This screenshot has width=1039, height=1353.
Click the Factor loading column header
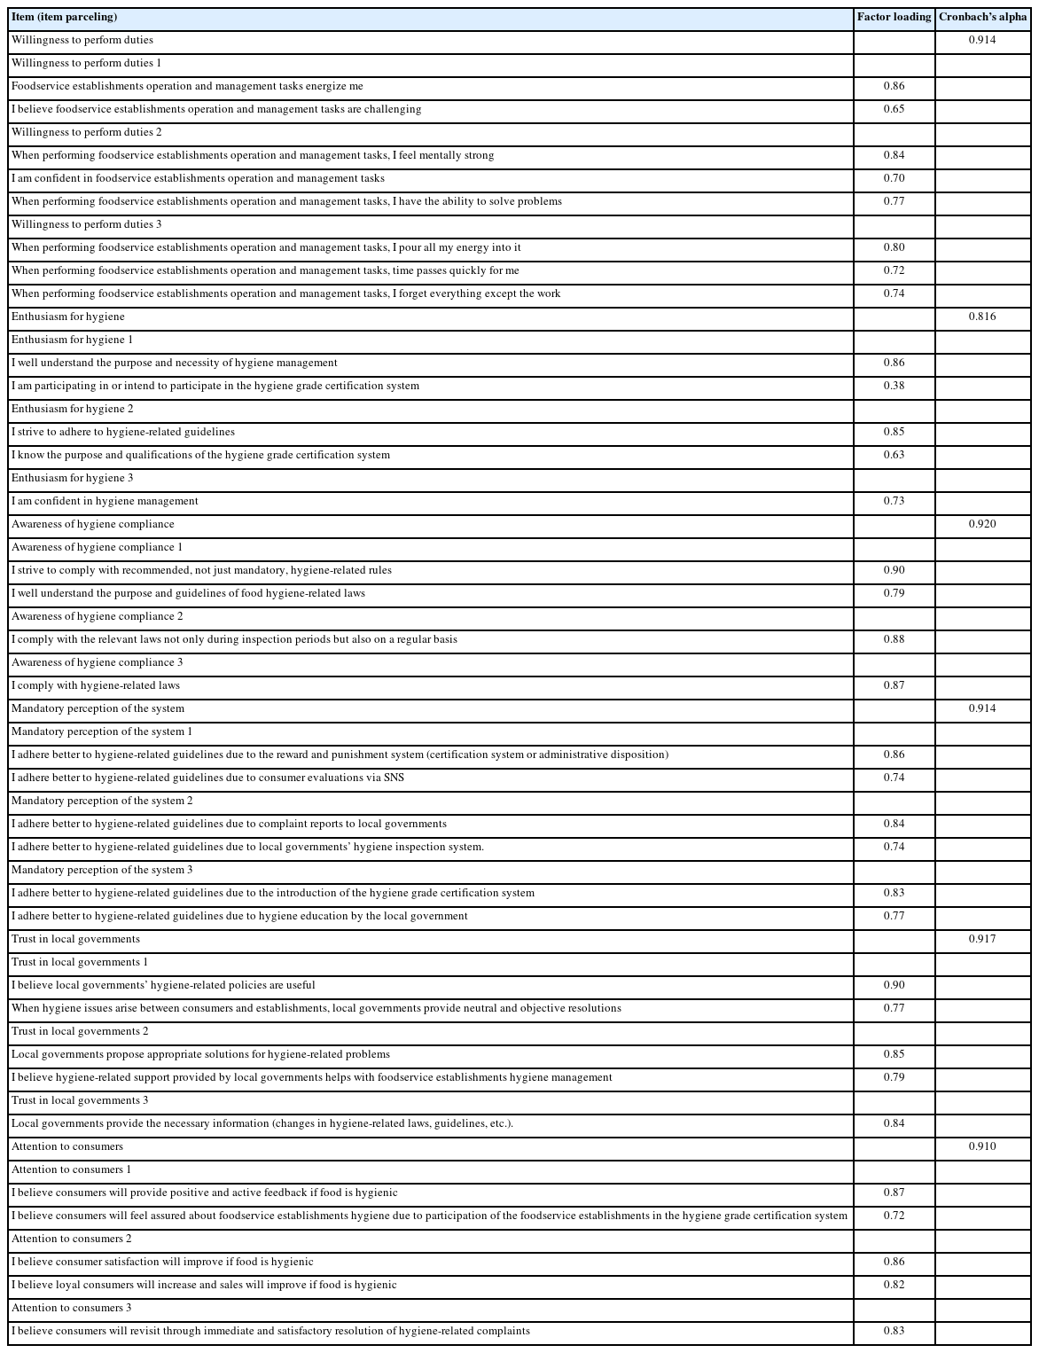pos(894,17)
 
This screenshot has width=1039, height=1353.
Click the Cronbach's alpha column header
pos(982,17)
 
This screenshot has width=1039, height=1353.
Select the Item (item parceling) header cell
pos(64,17)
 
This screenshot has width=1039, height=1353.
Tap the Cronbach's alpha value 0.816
pos(982,317)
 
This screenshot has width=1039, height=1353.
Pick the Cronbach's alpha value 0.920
pos(982,524)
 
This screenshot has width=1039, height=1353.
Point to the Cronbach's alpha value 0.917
pos(982,939)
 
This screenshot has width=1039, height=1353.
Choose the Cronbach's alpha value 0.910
pos(982,1146)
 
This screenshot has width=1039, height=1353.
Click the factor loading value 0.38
pos(894,386)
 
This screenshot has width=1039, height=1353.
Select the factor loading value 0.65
pos(894,109)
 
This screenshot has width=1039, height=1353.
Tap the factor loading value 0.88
pos(894,639)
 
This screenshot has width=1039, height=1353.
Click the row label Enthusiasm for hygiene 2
pos(73,409)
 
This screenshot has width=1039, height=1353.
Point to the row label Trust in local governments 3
pos(80,1100)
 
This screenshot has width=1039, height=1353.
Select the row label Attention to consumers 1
pos(71,1169)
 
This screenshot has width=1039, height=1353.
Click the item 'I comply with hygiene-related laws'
pos(96,685)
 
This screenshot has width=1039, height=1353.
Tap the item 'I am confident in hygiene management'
pos(105,501)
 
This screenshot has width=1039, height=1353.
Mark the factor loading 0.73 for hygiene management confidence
pos(894,501)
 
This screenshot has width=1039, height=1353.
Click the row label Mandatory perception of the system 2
pos(102,801)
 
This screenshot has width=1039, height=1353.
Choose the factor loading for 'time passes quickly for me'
pos(894,270)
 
